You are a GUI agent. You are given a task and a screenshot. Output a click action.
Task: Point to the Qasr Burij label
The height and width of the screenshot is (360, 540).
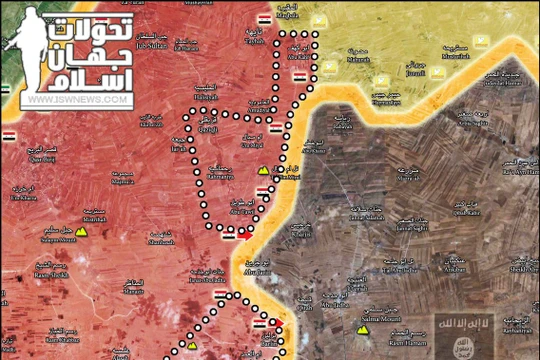tap(42, 158)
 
